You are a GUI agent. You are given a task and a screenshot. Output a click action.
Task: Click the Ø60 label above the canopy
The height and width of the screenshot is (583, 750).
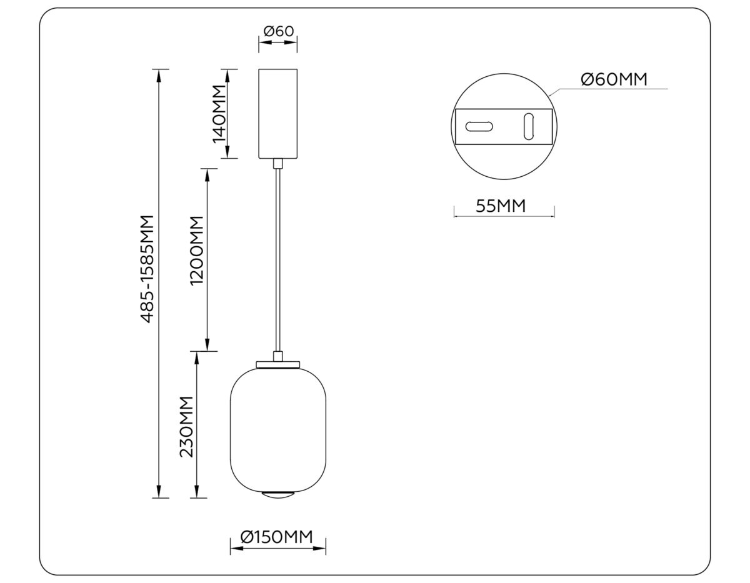(278, 31)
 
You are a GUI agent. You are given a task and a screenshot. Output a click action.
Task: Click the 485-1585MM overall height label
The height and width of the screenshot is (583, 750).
(147, 269)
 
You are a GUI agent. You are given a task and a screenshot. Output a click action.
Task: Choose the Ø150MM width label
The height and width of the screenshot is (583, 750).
(276, 537)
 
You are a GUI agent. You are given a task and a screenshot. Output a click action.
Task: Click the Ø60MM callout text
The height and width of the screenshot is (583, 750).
(613, 79)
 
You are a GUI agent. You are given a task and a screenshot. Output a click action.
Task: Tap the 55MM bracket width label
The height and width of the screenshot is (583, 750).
(501, 206)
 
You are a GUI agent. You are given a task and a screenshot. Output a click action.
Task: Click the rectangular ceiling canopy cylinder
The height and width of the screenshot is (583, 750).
(278, 113)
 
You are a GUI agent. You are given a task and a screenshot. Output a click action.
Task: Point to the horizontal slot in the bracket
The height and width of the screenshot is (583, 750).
(479, 126)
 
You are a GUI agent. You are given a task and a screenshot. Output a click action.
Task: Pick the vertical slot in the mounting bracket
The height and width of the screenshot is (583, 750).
(529, 126)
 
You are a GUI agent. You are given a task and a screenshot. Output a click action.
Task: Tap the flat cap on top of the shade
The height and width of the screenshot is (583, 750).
(278, 364)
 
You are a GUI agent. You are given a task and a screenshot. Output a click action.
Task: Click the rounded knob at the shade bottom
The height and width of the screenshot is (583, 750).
(278, 495)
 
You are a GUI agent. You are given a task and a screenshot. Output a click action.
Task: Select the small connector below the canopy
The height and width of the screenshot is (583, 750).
(278, 164)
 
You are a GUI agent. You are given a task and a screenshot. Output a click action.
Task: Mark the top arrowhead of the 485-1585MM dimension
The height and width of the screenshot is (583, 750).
(160, 74)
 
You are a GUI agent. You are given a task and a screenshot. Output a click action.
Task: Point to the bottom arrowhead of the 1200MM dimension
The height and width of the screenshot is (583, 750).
(207, 345)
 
